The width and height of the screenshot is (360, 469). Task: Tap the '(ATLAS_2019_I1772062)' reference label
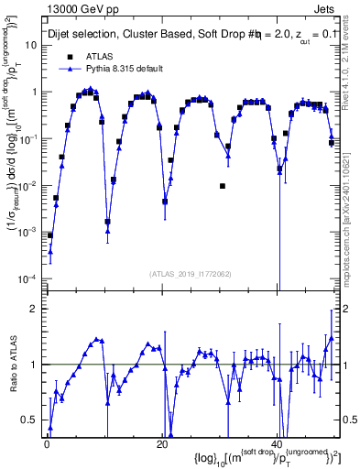pos(191,273)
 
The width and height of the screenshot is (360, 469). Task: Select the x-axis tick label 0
pos(46,444)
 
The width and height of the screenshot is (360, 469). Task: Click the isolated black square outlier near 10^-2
pos(223,186)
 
